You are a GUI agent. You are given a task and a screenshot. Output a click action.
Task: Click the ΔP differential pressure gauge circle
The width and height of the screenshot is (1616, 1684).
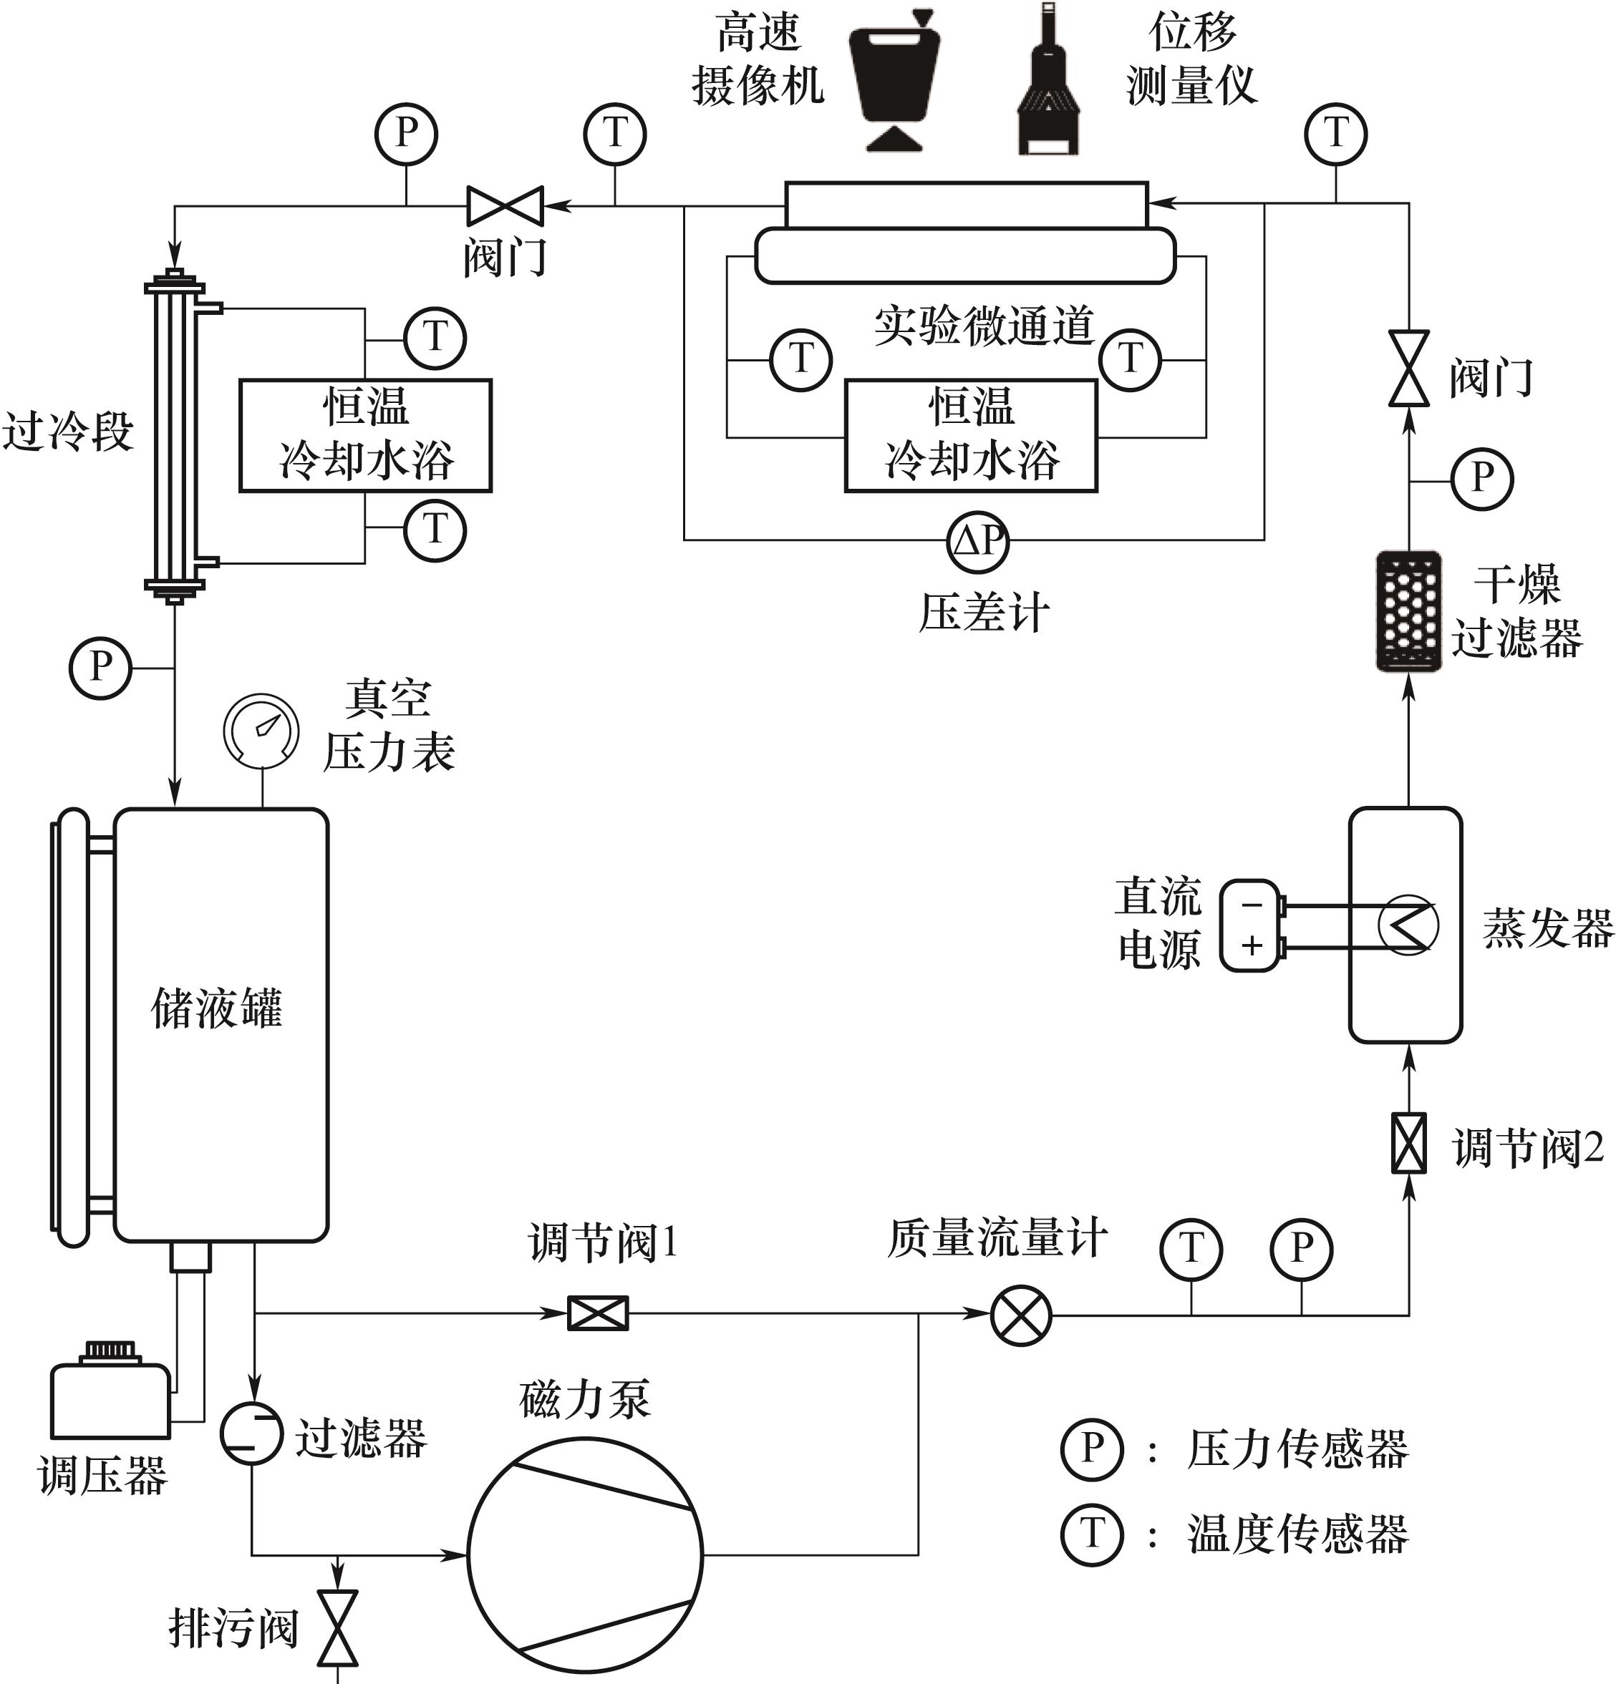977,541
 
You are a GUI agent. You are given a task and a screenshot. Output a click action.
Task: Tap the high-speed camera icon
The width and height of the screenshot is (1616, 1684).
894,82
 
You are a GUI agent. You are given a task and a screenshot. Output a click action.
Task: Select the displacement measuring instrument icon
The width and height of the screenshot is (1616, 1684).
1047,82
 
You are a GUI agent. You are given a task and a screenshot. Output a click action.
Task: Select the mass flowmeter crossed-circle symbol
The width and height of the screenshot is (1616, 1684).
1021,1315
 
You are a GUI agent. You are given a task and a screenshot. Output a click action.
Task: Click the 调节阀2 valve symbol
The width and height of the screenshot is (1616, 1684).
1409,1143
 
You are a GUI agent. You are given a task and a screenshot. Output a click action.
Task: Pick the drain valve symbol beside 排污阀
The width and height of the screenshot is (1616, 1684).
338,1628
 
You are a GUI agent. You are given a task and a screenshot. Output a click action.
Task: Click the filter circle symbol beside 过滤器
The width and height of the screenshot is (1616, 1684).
251,1432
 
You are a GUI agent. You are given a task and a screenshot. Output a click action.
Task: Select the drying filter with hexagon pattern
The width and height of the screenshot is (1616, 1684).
1408,611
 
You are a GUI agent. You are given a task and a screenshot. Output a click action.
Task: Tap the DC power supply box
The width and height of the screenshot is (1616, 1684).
1251,925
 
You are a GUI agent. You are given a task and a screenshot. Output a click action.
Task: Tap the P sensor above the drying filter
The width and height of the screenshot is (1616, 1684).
1482,479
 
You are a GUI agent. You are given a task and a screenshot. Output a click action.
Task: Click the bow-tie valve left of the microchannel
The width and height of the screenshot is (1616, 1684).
505,206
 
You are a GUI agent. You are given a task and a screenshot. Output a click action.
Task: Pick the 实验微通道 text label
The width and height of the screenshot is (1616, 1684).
984,326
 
